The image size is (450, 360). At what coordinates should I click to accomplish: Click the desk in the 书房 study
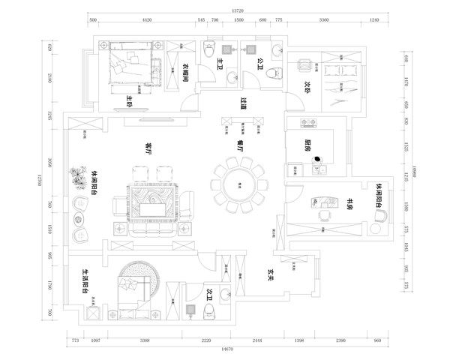[327, 200]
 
